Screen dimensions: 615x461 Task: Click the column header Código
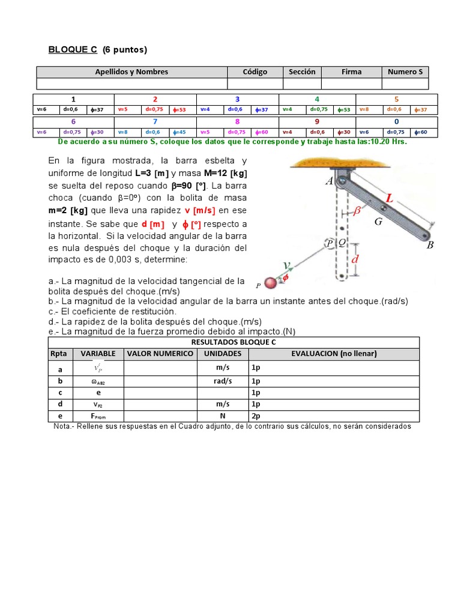tap(255, 71)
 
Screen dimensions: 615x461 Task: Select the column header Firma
tap(351, 71)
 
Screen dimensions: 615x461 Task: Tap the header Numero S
tap(405, 71)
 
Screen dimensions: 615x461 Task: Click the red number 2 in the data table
tap(155, 99)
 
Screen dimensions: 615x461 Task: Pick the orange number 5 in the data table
tap(396, 99)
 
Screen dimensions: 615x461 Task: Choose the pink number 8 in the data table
tap(237, 121)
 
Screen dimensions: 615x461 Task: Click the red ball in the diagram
tap(271, 283)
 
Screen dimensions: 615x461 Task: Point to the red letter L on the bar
tap(390, 198)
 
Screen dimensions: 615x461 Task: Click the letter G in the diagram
tap(378, 222)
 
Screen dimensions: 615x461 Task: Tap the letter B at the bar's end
tap(430, 245)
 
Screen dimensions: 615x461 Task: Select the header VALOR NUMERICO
tap(160, 354)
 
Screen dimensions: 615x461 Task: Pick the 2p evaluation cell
tap(256, 415)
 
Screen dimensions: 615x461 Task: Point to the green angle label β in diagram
tap(357, 211)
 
